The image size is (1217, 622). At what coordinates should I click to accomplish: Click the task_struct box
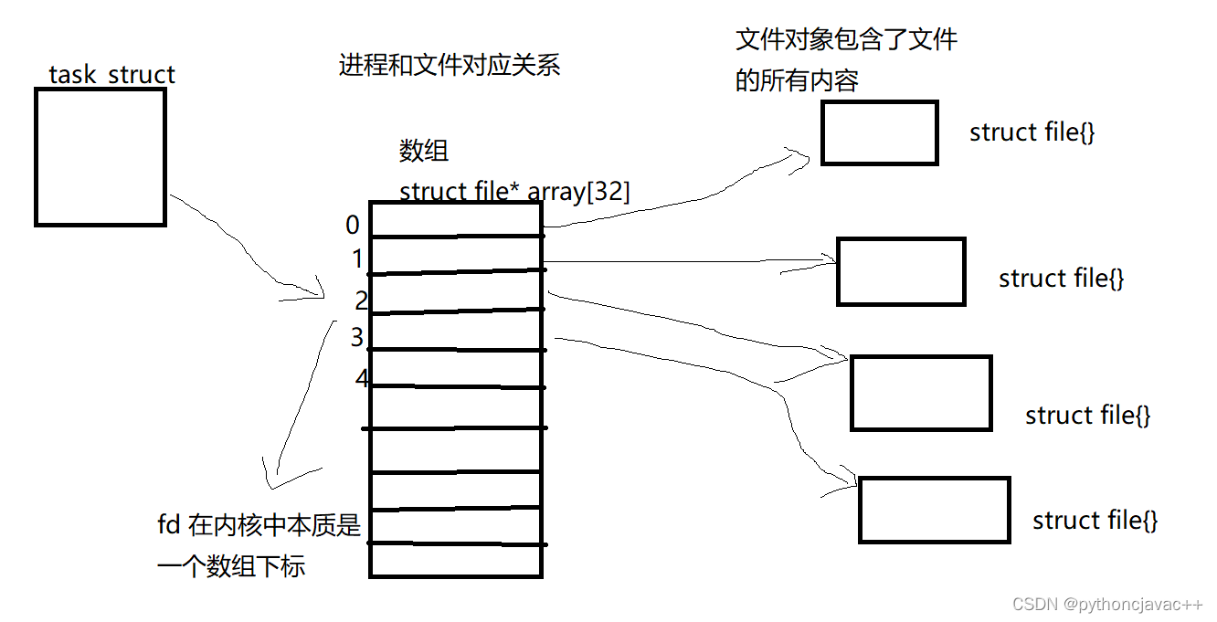[101, 156]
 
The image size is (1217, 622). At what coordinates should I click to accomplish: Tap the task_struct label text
[111, 74]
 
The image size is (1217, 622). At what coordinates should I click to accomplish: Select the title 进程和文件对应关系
[449, 66]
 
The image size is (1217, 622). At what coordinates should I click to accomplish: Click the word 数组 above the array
[424, 151]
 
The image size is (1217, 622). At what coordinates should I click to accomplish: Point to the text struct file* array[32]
[514, 192]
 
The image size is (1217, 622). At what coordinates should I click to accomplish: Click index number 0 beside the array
[353, 225]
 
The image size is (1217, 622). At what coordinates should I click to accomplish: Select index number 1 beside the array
[357, 259]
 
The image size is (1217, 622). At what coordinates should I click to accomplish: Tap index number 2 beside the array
[362, 300]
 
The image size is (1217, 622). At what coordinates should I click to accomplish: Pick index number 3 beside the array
[356, 338]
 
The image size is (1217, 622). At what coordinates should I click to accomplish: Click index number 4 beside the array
[362, 377]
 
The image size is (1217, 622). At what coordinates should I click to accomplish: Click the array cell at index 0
[456, 220]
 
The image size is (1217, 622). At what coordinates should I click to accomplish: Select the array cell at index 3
[456, 331]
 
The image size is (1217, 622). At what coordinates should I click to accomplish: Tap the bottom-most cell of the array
[456, 560]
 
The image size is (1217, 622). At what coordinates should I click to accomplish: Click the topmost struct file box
[879, 132]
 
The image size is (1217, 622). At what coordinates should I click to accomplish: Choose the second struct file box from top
[901, 271]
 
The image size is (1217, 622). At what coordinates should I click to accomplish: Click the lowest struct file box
[934, 510]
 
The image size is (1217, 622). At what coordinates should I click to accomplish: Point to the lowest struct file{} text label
[1095, 521]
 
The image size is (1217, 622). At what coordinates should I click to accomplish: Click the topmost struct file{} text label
[1032, 132]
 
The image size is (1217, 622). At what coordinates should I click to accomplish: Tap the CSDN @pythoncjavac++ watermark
[1107, 605]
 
